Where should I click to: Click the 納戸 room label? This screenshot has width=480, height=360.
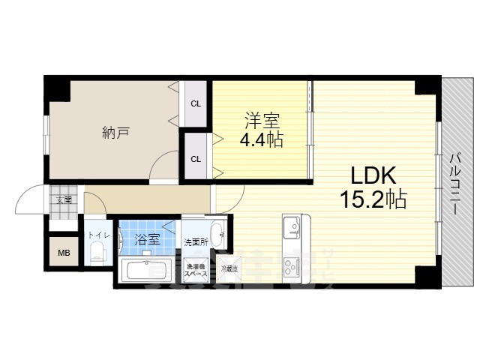[115, 133]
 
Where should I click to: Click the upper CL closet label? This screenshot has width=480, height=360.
[195, 103]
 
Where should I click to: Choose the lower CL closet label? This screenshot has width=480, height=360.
[195, 158]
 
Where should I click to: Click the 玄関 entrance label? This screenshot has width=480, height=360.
[64, 199]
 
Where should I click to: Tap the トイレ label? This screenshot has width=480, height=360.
[97, 235]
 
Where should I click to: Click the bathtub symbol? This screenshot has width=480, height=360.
[147, 271]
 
